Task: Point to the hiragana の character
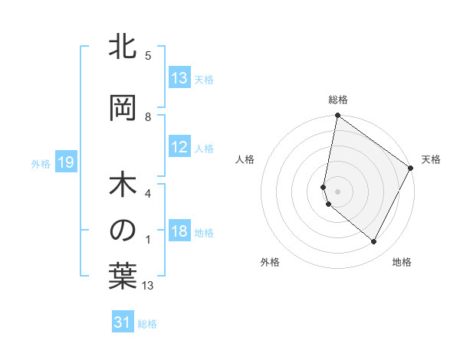coord(123,230)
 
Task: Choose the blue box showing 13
coord(179,78)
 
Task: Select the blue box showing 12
coord(179,148)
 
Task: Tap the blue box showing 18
coord(179,232)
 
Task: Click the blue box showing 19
coord(65,162)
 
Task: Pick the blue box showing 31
coord(123,322)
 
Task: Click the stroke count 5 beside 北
coord(148,56)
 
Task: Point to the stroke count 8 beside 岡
coord(148,117)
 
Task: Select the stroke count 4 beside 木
coord(148,194)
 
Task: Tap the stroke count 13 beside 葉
coord(148,286)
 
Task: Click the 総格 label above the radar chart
coord(338,100)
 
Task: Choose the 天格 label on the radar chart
coord(431,159)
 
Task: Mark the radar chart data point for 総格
coord(337,116)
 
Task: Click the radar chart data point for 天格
coord(411,168)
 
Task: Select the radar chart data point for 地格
coord(374,242)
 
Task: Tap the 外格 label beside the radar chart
coord(270,262)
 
